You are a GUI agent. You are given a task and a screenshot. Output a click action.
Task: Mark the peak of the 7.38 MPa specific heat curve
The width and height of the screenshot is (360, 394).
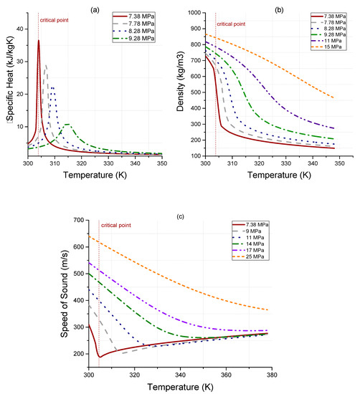coord(39,40)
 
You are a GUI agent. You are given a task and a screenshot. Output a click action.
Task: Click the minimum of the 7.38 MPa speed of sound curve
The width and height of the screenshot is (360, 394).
coord(100,356)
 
